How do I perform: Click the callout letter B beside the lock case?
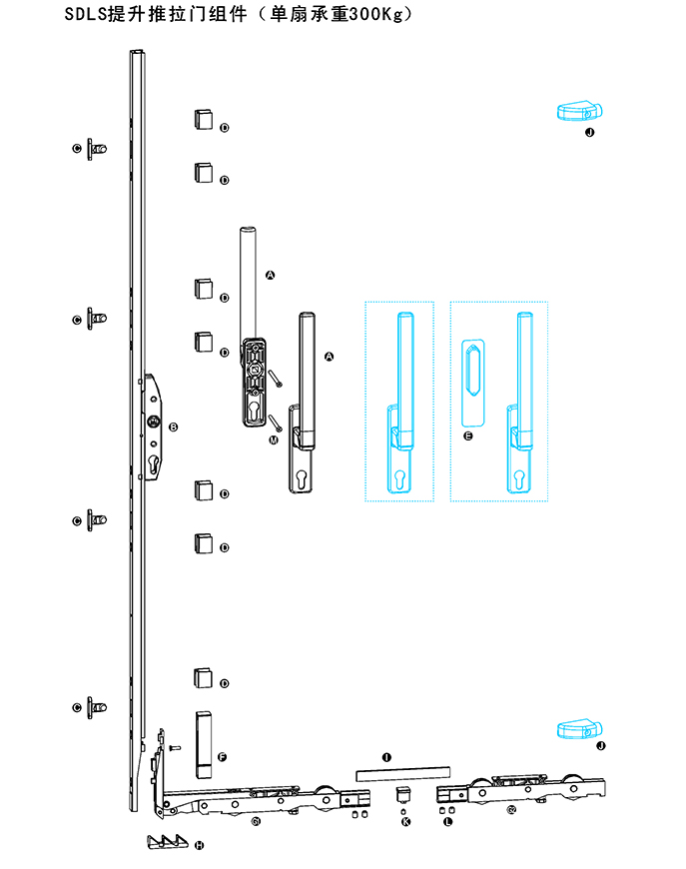pyautogui.click(x=173, y=428)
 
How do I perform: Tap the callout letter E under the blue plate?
pyautogui.click(x=468, y=436)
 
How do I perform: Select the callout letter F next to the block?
pyautogui.click(x=222, y=758)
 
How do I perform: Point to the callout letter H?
pyautogui.click(x=199, y=845)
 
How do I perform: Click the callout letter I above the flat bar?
pyautogui.click(x=386, y=758)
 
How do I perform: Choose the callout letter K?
pyautogui.click(x=405, y=821)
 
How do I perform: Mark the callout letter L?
pyautogui.click(x=447, y=821)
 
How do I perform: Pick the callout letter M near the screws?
pyautogui.click(x=274, y=439)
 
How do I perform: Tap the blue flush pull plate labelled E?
pyautogui.click(x=474, y=382)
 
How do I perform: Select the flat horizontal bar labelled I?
pyautogui.click(x=402, y=773)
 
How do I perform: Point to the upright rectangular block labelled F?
pyautogui.click(x=203, y=743)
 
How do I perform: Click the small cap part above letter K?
pyautogui.click(x=405, y=795)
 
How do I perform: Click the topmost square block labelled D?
pyautogui.click(x=203, y=118)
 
